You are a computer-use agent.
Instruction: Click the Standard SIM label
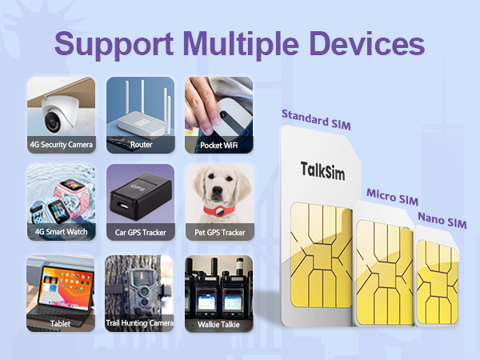tap(315, 120)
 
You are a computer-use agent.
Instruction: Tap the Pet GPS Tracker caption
tap(219, 233)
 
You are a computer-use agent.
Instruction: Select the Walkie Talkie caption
tap(219, 324)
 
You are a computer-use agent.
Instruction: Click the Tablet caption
tap(60, 324)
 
